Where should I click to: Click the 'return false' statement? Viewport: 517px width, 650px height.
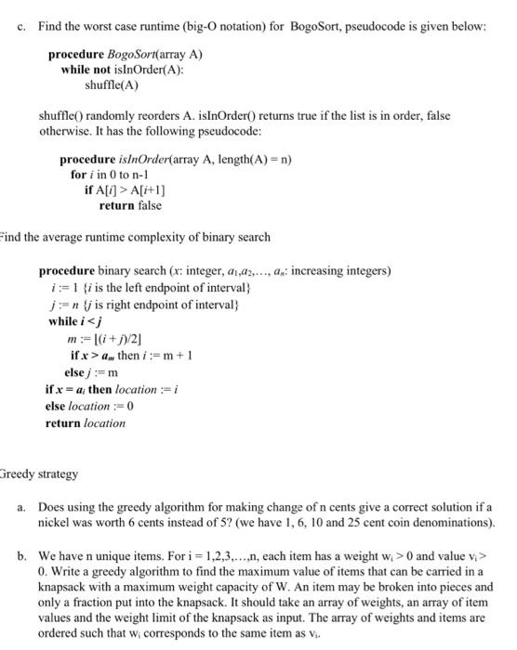click(129, 205)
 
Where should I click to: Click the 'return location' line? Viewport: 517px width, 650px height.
click(85, 422)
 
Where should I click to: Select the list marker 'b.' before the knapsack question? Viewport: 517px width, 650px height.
click(22, 553)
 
